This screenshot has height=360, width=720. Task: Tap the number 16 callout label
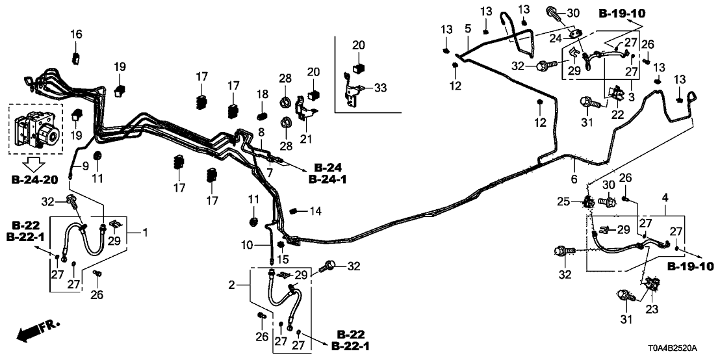coord(76,34)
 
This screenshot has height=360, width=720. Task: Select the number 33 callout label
coord(380,87)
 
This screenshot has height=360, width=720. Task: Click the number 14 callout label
coord(315,211)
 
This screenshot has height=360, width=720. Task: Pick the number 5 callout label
coord(467,29)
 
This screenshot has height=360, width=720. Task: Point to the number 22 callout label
coord(616,114)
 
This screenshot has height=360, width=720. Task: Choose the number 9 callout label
coord(84,167)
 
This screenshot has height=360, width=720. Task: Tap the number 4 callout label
coord(665,197)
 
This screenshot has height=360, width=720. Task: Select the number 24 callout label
coord(555,38)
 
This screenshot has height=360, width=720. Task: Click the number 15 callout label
coord(282,260)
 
